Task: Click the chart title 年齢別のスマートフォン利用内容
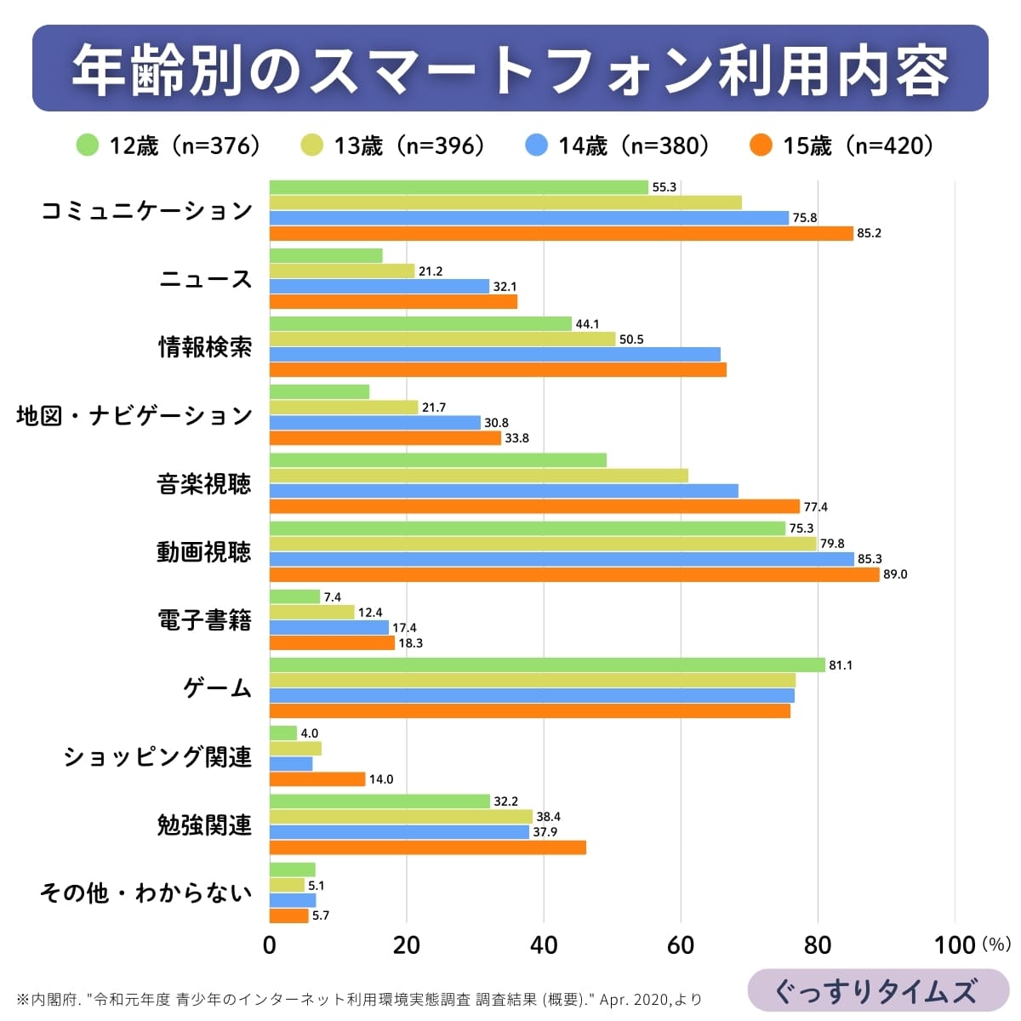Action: pyautogui.click(x=510, y=69)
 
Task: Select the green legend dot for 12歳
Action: pyautogui.click(x=88, y=145)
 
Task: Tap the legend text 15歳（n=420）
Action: pyautogui.click(x=858, y=145)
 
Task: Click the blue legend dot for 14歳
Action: pyautogui.click(x=536, y=145)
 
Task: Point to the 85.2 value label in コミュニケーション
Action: pyautogui.click(x=869, y=234)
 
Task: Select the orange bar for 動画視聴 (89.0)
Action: pyautogui.click(x=574, y=574)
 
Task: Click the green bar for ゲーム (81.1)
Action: pyautogui.click(x=547, y=665)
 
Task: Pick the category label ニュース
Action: pyautogui.click(x=205, y=279)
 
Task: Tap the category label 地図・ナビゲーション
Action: pyautogui.click(x=134, y=416)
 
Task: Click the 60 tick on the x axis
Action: pyautogui.click(x=681, y=945)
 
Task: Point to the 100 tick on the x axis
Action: pyautogui.click(x=955, y=945)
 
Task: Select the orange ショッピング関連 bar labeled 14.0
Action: pyautogui.click(x=317, y=779)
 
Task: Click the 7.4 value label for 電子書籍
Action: pyautogui.click(x=332, y=597)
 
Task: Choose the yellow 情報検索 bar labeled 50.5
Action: pyautogui.click(x=442, y=339)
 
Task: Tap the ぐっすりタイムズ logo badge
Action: pyautogui.click(x=877, y=991)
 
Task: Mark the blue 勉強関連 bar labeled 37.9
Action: pyautogui.click(x=399, y=832)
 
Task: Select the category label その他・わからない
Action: pyautogui.click(x=146, y=893)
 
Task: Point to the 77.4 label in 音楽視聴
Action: pyautogui.click(x=815, y=507)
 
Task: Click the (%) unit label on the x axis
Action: pyautogui.click(x=995, y=944)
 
